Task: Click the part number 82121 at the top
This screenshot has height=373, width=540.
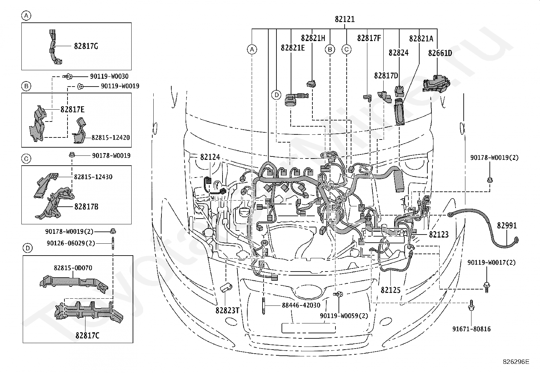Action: (345, 19)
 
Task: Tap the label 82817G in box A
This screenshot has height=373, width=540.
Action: (86, 46)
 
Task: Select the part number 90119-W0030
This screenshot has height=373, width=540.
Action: (109, 76)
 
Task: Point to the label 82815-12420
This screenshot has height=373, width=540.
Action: (111, 137)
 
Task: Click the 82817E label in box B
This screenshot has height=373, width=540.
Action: (73, 110)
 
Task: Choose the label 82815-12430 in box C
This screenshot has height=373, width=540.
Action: (93, 177)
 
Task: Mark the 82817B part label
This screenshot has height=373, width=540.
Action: (86, 207)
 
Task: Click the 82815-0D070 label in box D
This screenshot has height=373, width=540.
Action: (73, 268)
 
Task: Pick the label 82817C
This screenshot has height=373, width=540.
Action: (87, 336)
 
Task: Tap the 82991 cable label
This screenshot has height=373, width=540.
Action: (507, 226)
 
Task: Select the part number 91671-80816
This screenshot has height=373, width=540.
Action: (471, 329)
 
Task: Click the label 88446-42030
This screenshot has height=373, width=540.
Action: (301, 305)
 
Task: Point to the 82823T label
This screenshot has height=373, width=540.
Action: (227, 311)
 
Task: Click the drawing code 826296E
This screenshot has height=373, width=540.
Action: (516, 362)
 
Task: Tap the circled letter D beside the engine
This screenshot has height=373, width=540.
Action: (276, 95)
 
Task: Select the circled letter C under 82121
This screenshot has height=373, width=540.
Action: (346, 50)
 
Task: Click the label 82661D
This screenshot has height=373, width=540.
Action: (440, 53)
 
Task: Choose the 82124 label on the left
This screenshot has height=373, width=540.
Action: (210, 157)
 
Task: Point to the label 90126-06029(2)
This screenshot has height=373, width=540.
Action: (71, 243)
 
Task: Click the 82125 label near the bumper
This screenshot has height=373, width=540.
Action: (390, 290)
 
